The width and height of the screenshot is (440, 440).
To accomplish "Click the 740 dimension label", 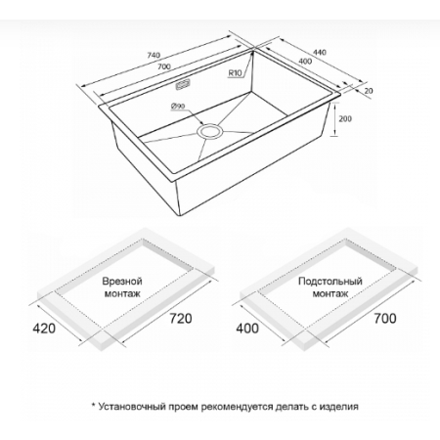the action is tap(154, 55).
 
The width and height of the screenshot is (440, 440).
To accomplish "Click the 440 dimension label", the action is tap(320, 52).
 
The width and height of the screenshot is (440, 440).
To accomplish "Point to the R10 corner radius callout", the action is tap(235, 73).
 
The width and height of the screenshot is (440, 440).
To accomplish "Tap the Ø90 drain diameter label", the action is tap(178, 106).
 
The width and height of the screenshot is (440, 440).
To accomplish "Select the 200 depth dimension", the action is tap(345, 118).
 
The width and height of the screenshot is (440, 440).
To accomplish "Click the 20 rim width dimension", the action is tap(369, 91).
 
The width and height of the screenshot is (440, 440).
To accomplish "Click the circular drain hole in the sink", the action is tap(210, 132).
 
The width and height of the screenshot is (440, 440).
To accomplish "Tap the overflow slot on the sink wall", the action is tap(182, 85).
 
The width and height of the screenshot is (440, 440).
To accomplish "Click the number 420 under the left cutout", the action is tap(44, 329).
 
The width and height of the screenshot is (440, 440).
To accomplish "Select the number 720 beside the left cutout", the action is tap(181, 318).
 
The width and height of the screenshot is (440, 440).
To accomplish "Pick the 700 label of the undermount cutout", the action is tap(385, 318).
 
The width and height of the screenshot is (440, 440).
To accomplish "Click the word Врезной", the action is tap(122, 282).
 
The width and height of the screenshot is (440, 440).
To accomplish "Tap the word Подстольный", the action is tap(330, 281).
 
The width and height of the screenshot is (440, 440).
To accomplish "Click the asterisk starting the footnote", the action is tap(94, 405).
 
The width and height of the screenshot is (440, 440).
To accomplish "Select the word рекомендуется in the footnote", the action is tap(237, 407).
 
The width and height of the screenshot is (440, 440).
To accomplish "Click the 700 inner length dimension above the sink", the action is tap(164, 66).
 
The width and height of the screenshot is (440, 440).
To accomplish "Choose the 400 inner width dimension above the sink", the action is tap(305, 62).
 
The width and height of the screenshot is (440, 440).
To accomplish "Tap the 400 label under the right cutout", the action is tap(247, 329).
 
